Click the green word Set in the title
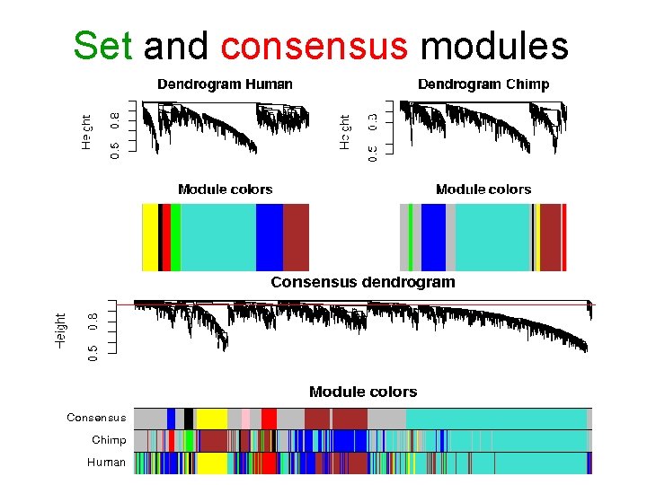tap(102, 45)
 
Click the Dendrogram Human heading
tap(225, 84)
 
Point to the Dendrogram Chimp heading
tap(483, 84)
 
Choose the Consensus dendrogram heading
tap(363, 282)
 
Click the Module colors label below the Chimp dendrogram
tap(483, 190)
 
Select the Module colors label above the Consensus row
tap(363, 392)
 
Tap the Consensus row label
tap(96, 418)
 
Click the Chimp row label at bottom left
tap(109, 440)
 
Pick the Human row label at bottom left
tap(106, 463)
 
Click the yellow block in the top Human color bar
tap(149, 237)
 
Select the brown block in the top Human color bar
tap(296, 237)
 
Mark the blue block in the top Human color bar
tap(269, 237)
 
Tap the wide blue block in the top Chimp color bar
tap(433, 237)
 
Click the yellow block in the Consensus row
tap(211, 419)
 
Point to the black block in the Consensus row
tap(189, 419)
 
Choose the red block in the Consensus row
tap(269, 419)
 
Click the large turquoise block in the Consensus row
tap(495, 419)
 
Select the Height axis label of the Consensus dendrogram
tap(61, 331)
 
